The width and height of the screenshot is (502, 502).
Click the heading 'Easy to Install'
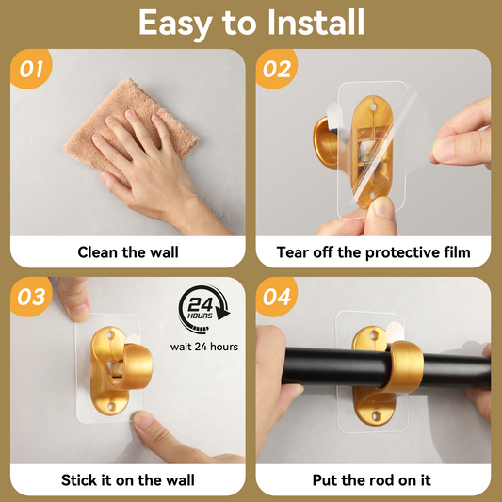point(251,23)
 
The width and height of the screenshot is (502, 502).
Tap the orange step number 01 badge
point(31,69)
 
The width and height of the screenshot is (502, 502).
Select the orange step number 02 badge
point(277,69)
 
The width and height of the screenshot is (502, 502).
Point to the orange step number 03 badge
point(31,297)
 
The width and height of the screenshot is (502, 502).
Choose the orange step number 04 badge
point(277,297)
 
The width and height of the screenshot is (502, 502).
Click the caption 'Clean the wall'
point(128,252)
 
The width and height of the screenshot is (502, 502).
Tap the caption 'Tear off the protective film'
point(373,252)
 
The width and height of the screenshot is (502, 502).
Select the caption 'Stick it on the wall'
point(128,480)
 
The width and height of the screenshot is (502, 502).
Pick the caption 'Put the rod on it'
point(372,480)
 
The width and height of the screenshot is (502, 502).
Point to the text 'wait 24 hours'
point(204,347)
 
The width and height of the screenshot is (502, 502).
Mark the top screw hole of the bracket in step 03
point(110,336)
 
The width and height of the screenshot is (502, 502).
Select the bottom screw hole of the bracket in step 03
point(111,407)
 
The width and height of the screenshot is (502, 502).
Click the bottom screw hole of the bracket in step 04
point(375,416)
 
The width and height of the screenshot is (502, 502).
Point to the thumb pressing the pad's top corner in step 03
point(73,299)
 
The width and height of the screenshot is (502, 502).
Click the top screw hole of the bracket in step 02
point(373,107)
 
